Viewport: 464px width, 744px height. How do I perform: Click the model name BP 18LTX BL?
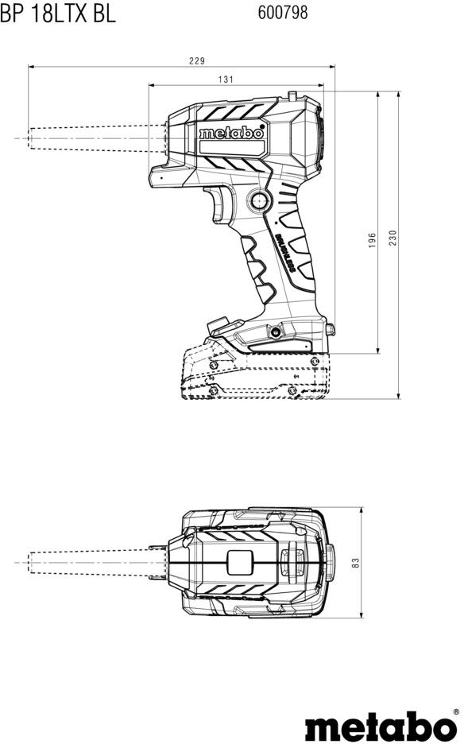point(57,14)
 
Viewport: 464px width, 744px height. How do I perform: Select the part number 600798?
point(282,13)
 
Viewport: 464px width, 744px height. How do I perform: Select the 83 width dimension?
point(357,562)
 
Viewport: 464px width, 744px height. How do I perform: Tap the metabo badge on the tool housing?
point(231,133)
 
